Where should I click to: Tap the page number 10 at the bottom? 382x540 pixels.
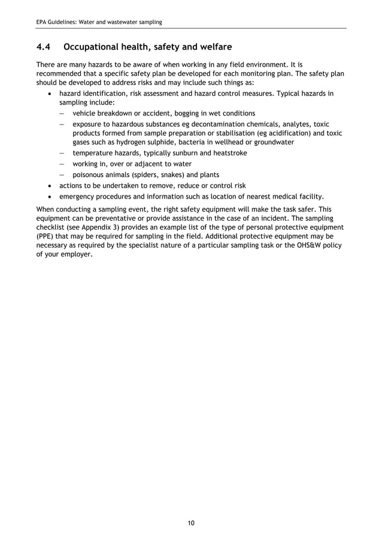(x=191, y=523)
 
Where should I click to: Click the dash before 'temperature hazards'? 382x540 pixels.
(x=62, y=153)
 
